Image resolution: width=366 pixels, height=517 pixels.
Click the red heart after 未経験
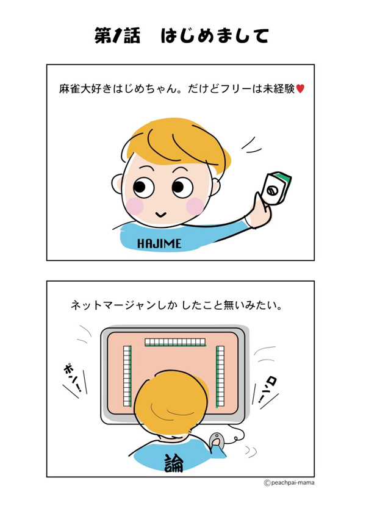tap(300, 88)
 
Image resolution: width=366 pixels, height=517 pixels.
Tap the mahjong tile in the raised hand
tap(276, 188)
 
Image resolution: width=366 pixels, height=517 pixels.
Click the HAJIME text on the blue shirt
tap(159, 244)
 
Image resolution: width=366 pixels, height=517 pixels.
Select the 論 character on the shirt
tap(173, 463)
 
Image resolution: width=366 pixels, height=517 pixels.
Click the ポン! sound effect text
tap(73, 377)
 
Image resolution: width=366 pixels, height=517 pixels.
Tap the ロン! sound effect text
tap(268, 391)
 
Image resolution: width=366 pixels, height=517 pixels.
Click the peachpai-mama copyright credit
tap(289, 483)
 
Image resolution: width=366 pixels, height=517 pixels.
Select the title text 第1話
tap(117, 35)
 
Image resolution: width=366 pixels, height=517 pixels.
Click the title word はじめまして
tap(215, 35)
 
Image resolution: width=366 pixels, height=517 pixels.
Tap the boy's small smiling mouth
tap(160, 215)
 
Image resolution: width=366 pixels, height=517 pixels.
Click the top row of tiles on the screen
tap(175, 342)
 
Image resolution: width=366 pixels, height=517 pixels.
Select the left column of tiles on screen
tap(127, 376)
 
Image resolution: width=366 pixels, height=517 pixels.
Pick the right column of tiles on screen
tap(220, 376)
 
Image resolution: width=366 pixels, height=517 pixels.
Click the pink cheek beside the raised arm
tap(195, 207)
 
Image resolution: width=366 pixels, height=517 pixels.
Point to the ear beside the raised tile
tap(215, 187)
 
